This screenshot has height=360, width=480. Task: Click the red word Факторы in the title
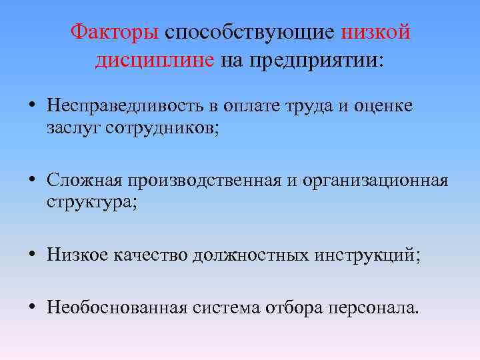(x=115, y=31)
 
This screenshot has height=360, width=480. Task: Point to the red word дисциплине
(x=155, y=60)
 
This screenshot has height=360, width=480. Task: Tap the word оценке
(x=386, y=105)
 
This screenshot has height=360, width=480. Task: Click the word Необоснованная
(x=117, y=307)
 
